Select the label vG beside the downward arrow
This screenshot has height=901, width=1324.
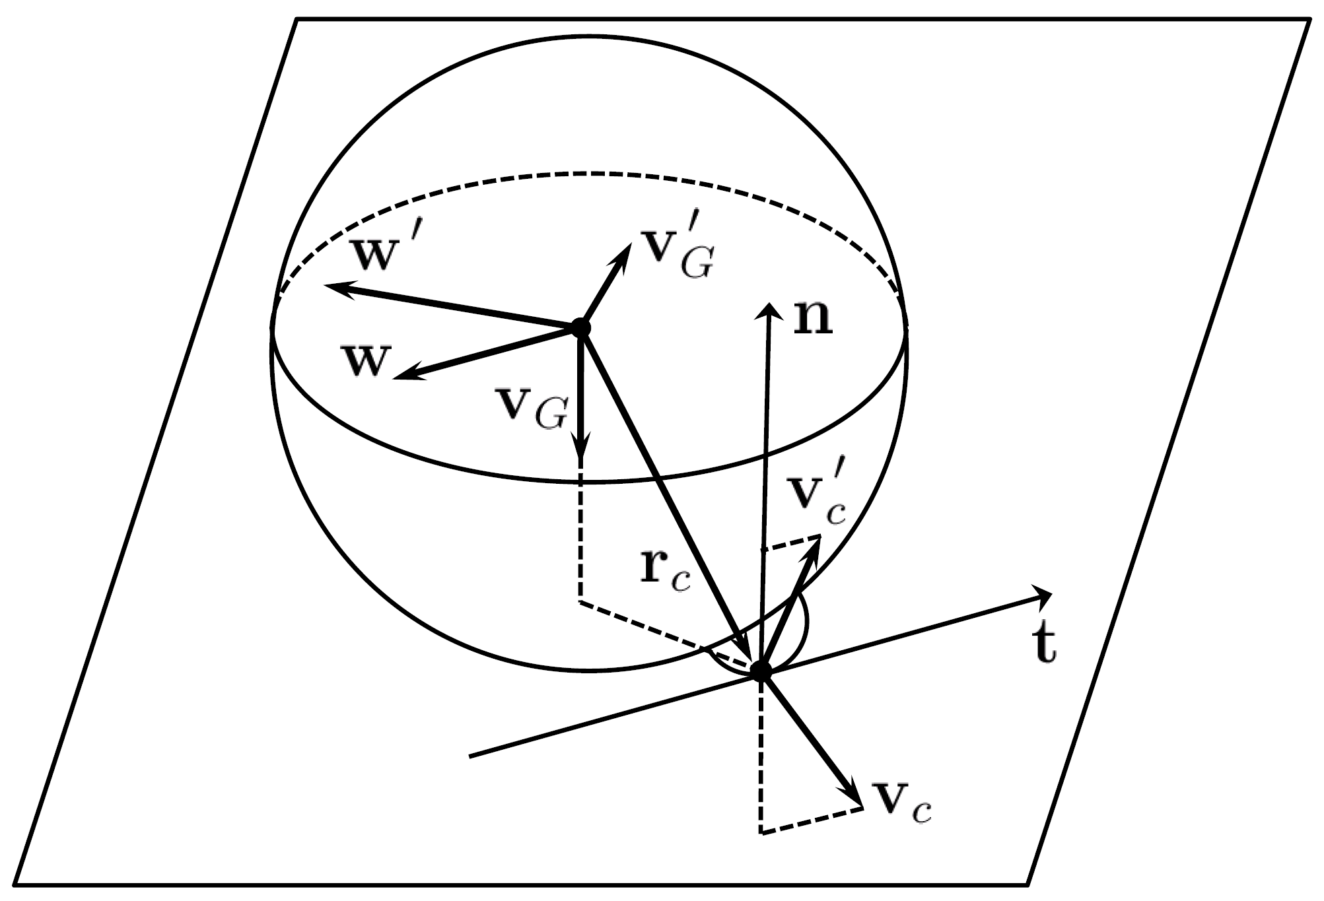click(532, 409)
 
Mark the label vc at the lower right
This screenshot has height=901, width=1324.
click(901, 803)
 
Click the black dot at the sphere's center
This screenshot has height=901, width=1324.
click(580, 327)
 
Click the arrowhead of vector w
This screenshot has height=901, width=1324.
click(398, 377)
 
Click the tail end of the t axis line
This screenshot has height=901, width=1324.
click(470, 756)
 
